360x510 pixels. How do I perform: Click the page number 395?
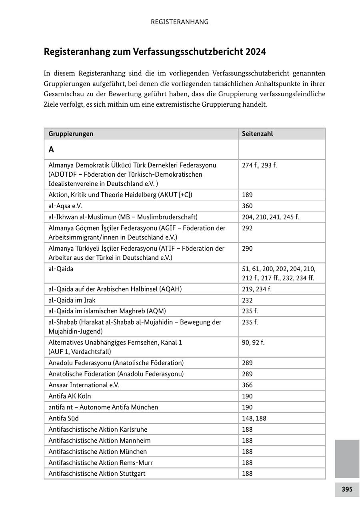[347, 489]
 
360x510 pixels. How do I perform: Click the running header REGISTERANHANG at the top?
[180, 22]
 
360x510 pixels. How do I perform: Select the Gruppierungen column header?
[71, 134]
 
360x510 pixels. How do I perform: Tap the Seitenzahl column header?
[257, 134]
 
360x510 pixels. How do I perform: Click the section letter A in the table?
[51, 150]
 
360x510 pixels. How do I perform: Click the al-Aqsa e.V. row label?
[65, 206]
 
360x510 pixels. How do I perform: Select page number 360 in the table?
[247, 206]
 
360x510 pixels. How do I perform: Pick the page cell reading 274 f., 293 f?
[259, 165]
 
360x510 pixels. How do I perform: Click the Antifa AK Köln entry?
[70, 396]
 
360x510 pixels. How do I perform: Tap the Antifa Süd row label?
[64, 418]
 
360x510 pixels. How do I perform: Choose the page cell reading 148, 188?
[254, 418]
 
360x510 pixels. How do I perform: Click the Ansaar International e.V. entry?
[84, 385]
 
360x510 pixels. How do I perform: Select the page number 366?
[247, 385]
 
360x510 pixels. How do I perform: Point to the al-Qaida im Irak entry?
[72, 300]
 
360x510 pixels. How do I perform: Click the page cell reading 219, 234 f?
[256, 289]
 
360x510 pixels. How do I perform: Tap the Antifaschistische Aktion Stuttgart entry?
[97, 474]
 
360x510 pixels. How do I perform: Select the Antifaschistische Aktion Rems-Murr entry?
[100, 463]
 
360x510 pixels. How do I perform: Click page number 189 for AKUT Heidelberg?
[247, 195]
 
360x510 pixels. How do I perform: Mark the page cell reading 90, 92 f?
[253, 343]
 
